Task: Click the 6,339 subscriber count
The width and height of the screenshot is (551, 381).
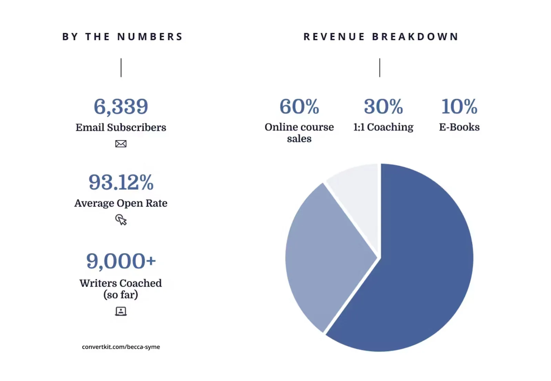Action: click(121, 107)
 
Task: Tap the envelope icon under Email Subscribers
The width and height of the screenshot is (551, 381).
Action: click(121, 144)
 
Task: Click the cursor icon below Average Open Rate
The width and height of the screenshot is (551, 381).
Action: click(121, 220)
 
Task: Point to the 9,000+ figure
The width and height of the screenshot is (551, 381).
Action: click(121, 261)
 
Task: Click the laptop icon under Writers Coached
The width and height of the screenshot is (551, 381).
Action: click(121, 311)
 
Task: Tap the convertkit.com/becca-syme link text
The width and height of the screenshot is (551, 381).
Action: click(121, 347)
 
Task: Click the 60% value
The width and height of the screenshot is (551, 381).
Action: click(299, 107)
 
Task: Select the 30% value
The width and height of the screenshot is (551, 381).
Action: click(383, 107)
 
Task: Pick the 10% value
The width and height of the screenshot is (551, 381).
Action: click(459, 107)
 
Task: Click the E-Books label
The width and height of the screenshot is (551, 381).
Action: click(459, 127)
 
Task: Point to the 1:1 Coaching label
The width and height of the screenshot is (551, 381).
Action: click(383, 127)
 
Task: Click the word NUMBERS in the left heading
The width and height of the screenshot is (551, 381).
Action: click(150, 37)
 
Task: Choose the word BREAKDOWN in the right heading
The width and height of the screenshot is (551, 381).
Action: click(415, 37)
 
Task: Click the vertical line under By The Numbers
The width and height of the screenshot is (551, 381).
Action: click(121, 68)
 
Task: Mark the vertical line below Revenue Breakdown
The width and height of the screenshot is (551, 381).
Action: click(380, 68)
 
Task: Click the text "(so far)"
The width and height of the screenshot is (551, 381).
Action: click(121, 295)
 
